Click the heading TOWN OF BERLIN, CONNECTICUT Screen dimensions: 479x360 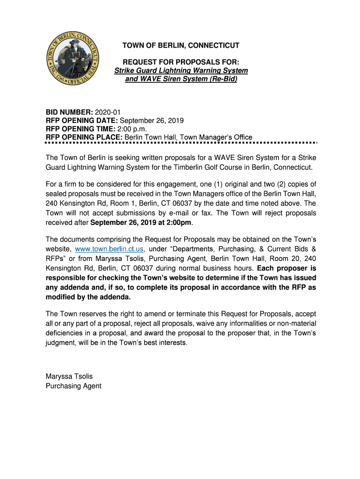[180, 45]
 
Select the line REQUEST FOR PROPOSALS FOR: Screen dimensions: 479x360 [180, 62]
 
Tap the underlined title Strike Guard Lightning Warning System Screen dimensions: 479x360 [181, 71]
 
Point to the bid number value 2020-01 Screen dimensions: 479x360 [108, 112]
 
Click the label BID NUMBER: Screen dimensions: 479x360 [69, 112]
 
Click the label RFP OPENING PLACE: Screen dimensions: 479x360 [84, 137]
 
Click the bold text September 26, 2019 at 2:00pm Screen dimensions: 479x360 [141, 223]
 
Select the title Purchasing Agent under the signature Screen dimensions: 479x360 [73, 386]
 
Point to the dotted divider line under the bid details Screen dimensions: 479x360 [181, 142]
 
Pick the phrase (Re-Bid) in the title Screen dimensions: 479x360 [222, 79]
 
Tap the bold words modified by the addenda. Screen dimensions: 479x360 [88, 298]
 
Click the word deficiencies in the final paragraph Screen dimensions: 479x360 [65, 333]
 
